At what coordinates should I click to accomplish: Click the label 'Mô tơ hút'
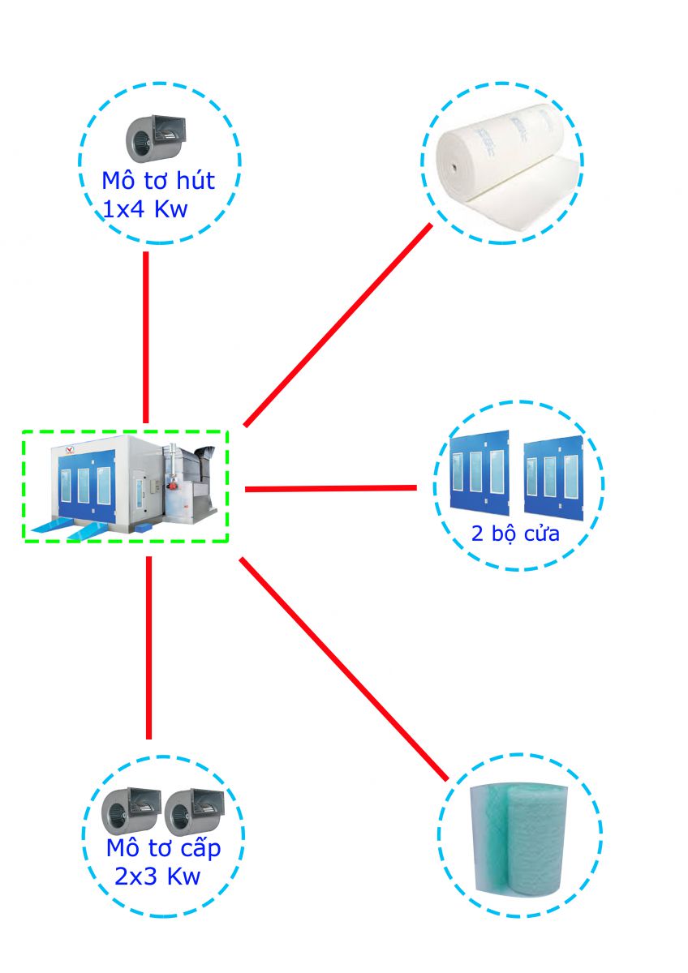click(158, 180)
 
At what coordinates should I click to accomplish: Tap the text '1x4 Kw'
click(145, 210)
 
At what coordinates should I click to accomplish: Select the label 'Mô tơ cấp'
click(163, 849)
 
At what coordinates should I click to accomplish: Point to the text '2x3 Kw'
click(157, 877)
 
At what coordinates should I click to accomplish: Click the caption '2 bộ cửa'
click(515, 535)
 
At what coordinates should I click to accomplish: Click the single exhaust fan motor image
click(156, 139)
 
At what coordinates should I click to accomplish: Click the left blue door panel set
click(479, 474)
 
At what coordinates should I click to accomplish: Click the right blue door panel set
click(553, 478)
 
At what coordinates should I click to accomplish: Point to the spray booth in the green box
click(126, 485)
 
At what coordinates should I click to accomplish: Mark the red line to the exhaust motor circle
click(146, 336)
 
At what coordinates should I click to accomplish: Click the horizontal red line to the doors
click(330, 488)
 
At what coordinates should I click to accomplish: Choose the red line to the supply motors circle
click(149, 647)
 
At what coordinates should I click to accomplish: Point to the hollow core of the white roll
click(454, 169)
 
